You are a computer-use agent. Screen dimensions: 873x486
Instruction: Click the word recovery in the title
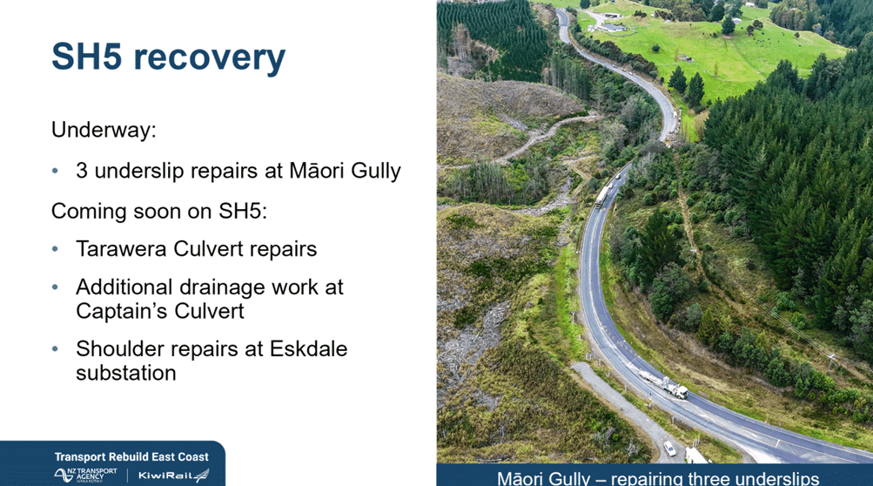[210, 58]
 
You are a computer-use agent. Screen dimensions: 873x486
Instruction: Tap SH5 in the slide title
[86, 56]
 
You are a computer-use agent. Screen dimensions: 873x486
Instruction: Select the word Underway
[104, 130]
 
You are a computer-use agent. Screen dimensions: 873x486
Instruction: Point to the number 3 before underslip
[82, 171]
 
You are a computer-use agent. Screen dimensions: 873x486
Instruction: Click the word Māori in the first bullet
[312, 170]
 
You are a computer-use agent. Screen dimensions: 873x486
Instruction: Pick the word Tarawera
[121, 248]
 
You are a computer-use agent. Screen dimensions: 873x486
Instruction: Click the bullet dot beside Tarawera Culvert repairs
[55, 249]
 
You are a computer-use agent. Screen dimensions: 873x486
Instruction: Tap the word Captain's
[117, 311]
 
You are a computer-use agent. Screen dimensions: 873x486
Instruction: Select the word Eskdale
[308, 349]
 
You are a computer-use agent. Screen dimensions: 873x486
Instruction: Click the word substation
[126, 373]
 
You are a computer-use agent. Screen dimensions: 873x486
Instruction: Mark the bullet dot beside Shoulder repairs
[55, 349]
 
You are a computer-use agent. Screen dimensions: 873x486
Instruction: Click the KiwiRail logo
[173, 476]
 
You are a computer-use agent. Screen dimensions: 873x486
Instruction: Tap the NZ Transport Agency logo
[86, 475]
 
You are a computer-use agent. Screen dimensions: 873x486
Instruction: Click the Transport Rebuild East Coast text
[131, 457]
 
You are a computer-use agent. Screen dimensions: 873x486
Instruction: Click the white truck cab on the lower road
[681, 392]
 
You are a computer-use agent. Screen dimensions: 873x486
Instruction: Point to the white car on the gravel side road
[670, 448]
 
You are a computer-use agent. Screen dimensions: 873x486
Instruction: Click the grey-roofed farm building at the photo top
[614, 27]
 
